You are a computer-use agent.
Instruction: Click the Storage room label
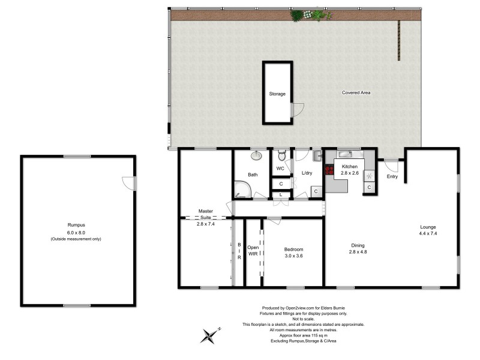[277, 94]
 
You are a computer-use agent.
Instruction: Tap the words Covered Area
[356, 92]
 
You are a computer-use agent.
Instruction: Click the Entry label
[392, 176]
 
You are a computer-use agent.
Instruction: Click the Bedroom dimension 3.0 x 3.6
[293, 256]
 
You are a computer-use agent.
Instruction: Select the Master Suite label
[205, 215]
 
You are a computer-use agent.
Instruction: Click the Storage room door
[295, 110]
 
